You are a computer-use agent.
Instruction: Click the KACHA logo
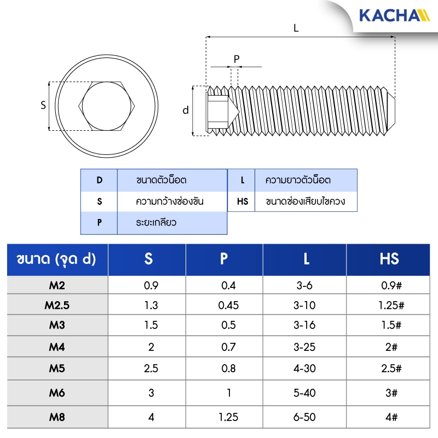[394, 15]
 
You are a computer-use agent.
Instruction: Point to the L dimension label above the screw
[296, 28]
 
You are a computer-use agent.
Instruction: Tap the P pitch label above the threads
[237, 59]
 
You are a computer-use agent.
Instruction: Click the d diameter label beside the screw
[186, 110]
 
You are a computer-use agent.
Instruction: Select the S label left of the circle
[43, 105]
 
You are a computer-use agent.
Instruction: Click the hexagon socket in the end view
[79, 106]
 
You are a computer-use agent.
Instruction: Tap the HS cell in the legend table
[243, 201]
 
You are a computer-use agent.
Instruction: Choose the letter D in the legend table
[100, 180]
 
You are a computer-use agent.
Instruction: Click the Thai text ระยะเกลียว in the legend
[156, 222]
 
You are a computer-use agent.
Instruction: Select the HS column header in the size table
[389, 258]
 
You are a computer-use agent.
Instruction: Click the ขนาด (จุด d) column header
[56, 259]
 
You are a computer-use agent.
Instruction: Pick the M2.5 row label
[57, 305]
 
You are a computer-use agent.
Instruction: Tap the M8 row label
[57, 417]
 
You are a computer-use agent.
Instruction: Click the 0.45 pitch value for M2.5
[228, 305]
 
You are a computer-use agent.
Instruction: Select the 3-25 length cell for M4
[304, 347]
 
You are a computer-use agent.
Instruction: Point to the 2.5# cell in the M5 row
[391, 368]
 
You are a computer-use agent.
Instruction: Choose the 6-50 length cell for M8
[304, 417]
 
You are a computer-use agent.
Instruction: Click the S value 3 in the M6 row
[151, 393]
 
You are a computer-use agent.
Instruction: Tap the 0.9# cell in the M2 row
[391, 285]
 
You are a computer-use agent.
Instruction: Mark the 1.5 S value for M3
[151, 325]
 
